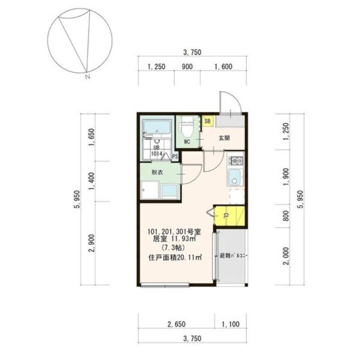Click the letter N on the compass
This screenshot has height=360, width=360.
click(87, 77)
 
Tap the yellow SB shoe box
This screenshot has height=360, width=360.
click(207, 121)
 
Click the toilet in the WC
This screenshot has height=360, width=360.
click(187, 126)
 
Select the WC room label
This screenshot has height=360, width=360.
click(187, 142)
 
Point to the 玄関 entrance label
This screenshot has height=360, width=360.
click(224, 138)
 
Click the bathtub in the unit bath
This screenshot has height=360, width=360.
click(157, 127)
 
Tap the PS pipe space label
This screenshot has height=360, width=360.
click(175, 157)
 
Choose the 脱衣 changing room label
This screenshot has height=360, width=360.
click(157, 172)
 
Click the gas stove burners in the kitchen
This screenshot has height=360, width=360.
click(235, 161)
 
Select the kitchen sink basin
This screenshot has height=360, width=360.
click(234, 177)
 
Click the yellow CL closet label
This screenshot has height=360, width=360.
click(226, 216)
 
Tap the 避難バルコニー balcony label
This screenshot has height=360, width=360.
click(233, 256)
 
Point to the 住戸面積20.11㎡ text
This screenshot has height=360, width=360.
click(175, 257)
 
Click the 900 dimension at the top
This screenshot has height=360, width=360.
click(187, 67)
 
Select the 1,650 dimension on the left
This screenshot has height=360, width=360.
click(91, 137)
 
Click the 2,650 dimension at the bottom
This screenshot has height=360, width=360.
click(176, 324)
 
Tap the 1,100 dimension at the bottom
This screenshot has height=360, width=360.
click(230, 324)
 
